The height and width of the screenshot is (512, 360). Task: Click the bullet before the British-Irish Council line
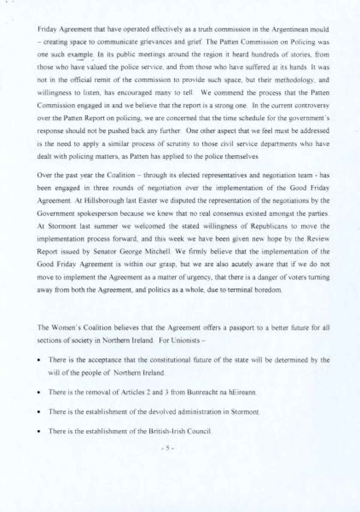[39, 432]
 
